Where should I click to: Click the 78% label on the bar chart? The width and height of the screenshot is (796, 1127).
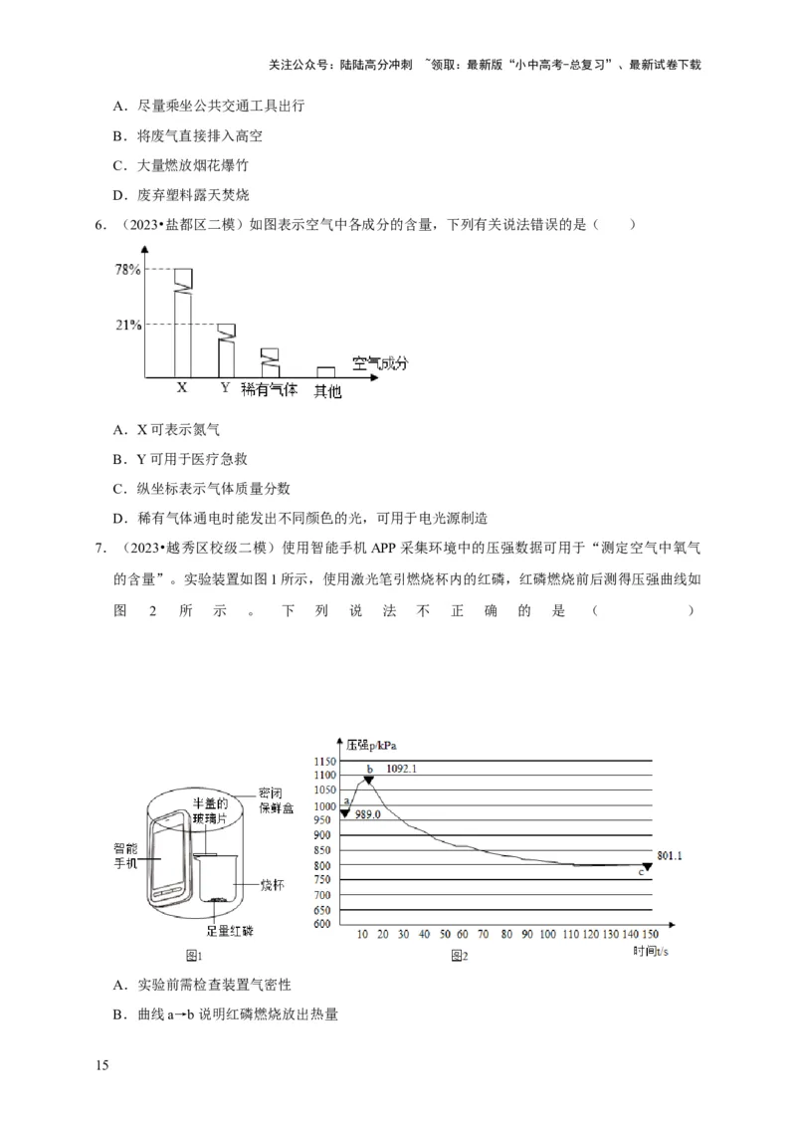coord(127,269)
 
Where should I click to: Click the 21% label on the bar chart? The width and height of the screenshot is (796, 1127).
coord(127,325)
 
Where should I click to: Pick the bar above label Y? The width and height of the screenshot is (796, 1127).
coord(226,348)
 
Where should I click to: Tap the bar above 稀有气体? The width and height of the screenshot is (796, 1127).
coord(269,361)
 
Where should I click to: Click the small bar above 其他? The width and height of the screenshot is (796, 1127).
coord(325,371)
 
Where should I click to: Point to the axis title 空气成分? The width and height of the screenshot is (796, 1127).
coord(380,362)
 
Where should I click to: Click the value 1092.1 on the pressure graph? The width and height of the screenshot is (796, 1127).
coord(400,769)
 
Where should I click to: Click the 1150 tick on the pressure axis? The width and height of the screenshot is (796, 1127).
coord(325,762)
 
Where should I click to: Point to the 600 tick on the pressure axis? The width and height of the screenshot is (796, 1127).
coord(325,924)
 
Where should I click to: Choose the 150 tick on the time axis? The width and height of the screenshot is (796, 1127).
coord(650,935)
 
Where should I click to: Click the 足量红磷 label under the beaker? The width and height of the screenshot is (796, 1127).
coord(230,932)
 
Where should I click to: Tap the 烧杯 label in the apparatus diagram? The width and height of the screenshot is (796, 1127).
coord(273,884)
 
